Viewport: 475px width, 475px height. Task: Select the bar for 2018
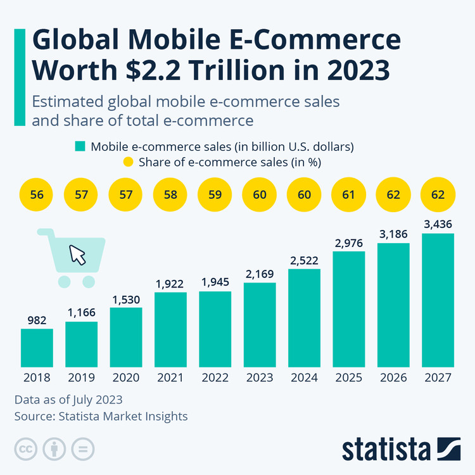(x=37, y=348)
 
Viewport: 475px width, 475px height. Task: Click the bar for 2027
(x=438, y=300)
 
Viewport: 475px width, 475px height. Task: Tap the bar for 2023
(x=260, y=325)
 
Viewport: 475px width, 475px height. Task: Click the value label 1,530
(x=126, y=298)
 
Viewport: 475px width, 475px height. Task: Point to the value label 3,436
(x=438, y=224)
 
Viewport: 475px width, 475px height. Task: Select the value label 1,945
(x=215, y=282)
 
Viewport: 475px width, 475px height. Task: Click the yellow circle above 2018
(x=37, y=194)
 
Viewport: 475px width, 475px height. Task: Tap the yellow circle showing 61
(x=348, y=194)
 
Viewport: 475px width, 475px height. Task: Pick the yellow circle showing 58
(x=170, y=194)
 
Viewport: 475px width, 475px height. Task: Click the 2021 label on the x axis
(x=170, y=377)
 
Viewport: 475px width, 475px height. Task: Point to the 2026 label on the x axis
(x=393, y=377)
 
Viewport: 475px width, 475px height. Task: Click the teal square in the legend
(x=80, y=146)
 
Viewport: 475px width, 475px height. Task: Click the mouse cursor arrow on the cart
(x=77, y=255)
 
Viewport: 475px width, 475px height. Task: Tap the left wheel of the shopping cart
(x=63, y=281)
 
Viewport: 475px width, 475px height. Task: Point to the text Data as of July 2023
(x=68, y=400)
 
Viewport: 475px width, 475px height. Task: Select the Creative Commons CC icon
(x=26, y=449)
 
